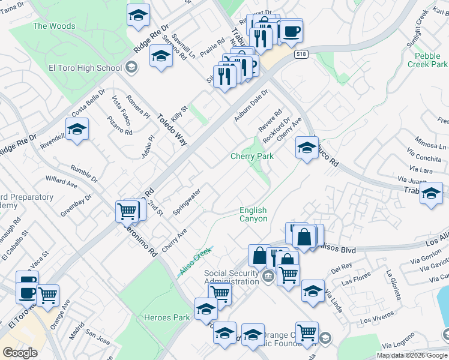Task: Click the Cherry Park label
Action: pos(252,156)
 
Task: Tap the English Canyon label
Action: pos(253,214)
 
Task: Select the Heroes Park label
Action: pos(167,317)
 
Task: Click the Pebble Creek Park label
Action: pos(427,60)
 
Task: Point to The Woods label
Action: pos(54,26)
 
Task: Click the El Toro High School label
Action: pos(85,68)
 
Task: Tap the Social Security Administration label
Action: pos(231,277)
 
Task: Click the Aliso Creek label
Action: pos(196,262)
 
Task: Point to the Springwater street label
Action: pos(186,202)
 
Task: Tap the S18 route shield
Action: pos(301,55)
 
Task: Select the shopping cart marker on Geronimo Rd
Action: pos(127,211)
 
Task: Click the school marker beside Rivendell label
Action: pos(77,130)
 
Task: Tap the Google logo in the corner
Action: pos(20,353)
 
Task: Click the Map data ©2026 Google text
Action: pos(412,355)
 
